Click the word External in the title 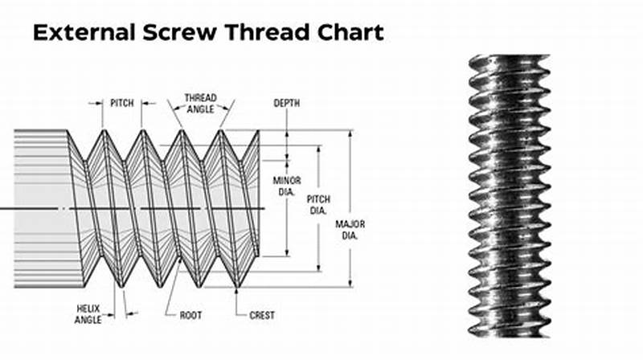(81, 33)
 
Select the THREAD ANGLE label (200, 103)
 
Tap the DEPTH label (286, 104)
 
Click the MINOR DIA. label (287, 186)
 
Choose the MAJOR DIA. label (350, 229)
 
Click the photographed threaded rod (510, 193)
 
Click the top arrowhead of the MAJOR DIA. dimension (350, 134)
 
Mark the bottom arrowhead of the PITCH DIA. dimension (319, 266)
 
